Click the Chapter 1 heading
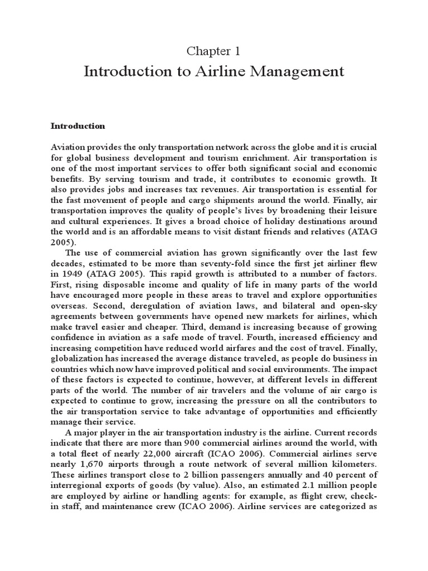[213, 51]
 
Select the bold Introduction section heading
[77, 126]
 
